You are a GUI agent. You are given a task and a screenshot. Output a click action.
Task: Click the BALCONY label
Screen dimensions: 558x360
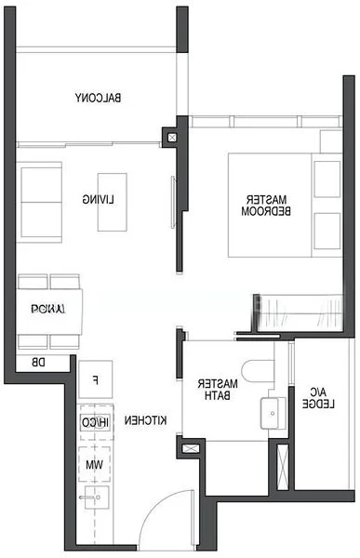pyautogui.click(x=100, y=98)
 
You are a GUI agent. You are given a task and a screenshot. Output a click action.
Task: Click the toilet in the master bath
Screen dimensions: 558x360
pyautogui.click(x=258, y=371)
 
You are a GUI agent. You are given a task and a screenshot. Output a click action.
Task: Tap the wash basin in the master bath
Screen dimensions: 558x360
pyautogui.click(x=271, y=410)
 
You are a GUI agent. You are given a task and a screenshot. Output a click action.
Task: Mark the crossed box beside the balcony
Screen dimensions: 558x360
pyautogui.click(x=169, y=137)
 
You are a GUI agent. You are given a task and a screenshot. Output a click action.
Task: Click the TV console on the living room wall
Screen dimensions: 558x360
pyautogui.click(x=172, y=201)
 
